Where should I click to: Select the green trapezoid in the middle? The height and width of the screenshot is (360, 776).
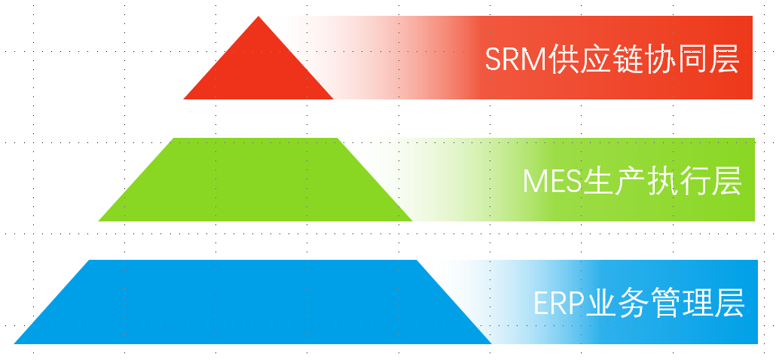255,181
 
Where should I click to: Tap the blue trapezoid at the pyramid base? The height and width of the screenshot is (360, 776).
252,303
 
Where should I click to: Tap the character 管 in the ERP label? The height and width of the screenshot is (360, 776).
667,304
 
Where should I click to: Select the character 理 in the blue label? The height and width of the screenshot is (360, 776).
698,304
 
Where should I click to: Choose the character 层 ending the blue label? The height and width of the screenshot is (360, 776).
730,304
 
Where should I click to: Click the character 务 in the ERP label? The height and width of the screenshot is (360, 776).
635,304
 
